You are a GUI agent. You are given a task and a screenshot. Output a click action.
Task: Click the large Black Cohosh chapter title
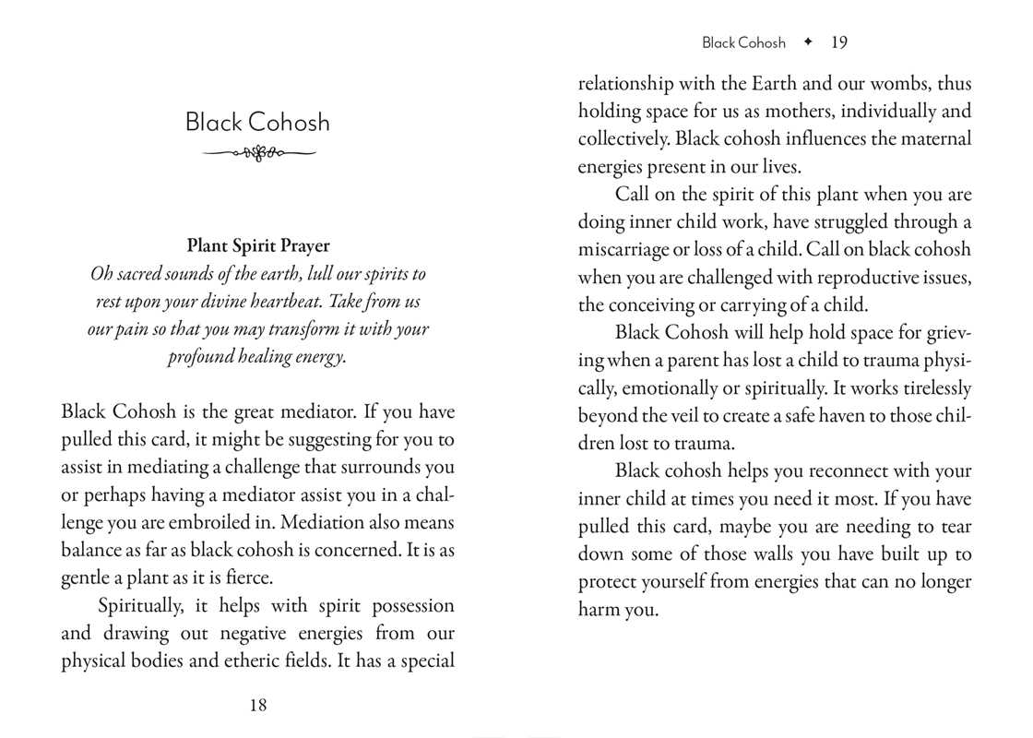click(257, 123)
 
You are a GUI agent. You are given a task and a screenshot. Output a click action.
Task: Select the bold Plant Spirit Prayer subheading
click(258, 245)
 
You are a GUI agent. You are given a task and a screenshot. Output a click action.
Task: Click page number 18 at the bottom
click(258, 705)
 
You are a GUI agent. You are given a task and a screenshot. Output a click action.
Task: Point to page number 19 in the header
click(838, 42)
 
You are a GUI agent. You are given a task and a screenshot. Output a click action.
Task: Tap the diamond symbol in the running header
click(808, 42)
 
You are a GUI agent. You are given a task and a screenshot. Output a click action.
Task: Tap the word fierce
click(252, 578)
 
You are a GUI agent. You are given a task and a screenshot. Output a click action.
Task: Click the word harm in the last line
click(600, 610)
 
